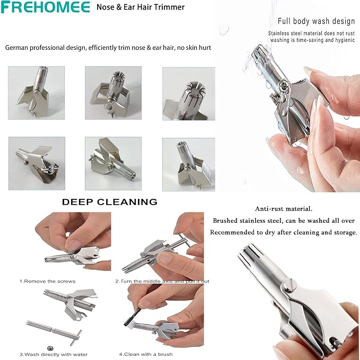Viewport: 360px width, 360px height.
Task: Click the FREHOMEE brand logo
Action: (45, 7)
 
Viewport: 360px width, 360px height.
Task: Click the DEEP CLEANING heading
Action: (110, 202)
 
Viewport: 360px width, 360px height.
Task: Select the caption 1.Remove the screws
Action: (48, 281)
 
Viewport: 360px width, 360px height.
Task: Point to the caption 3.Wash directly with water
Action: (54, 355)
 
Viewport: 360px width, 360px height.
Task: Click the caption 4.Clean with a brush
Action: (146, 354)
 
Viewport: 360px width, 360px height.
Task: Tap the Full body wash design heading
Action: (316, 21)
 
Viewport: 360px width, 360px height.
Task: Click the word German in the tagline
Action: (17, 48)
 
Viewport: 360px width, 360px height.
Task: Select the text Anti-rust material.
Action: (284, 209)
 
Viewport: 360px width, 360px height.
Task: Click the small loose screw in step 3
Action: (49, 348)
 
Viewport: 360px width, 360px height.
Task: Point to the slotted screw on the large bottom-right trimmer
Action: (287, 285)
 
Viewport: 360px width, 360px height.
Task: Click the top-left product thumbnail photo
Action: (36, 93)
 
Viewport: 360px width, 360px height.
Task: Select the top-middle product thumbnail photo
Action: (113, 93)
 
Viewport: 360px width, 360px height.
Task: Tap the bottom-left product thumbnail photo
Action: (37, 163)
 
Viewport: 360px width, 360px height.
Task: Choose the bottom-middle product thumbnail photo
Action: (113, 163)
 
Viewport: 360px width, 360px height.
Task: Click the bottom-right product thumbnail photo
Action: (189, 164)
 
